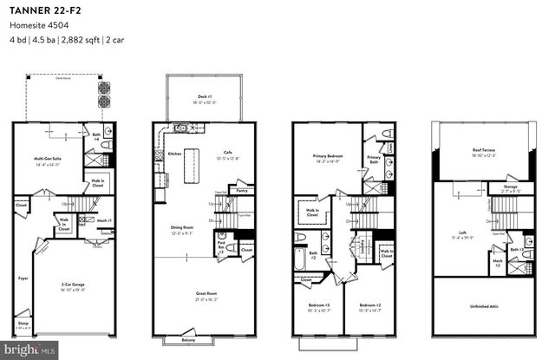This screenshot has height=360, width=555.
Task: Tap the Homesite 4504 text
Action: coord(34,25)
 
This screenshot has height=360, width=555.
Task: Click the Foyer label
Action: coord(23,279)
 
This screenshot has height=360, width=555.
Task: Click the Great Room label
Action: coord(205,296)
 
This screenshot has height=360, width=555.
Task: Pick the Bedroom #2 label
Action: coord(369,306)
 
